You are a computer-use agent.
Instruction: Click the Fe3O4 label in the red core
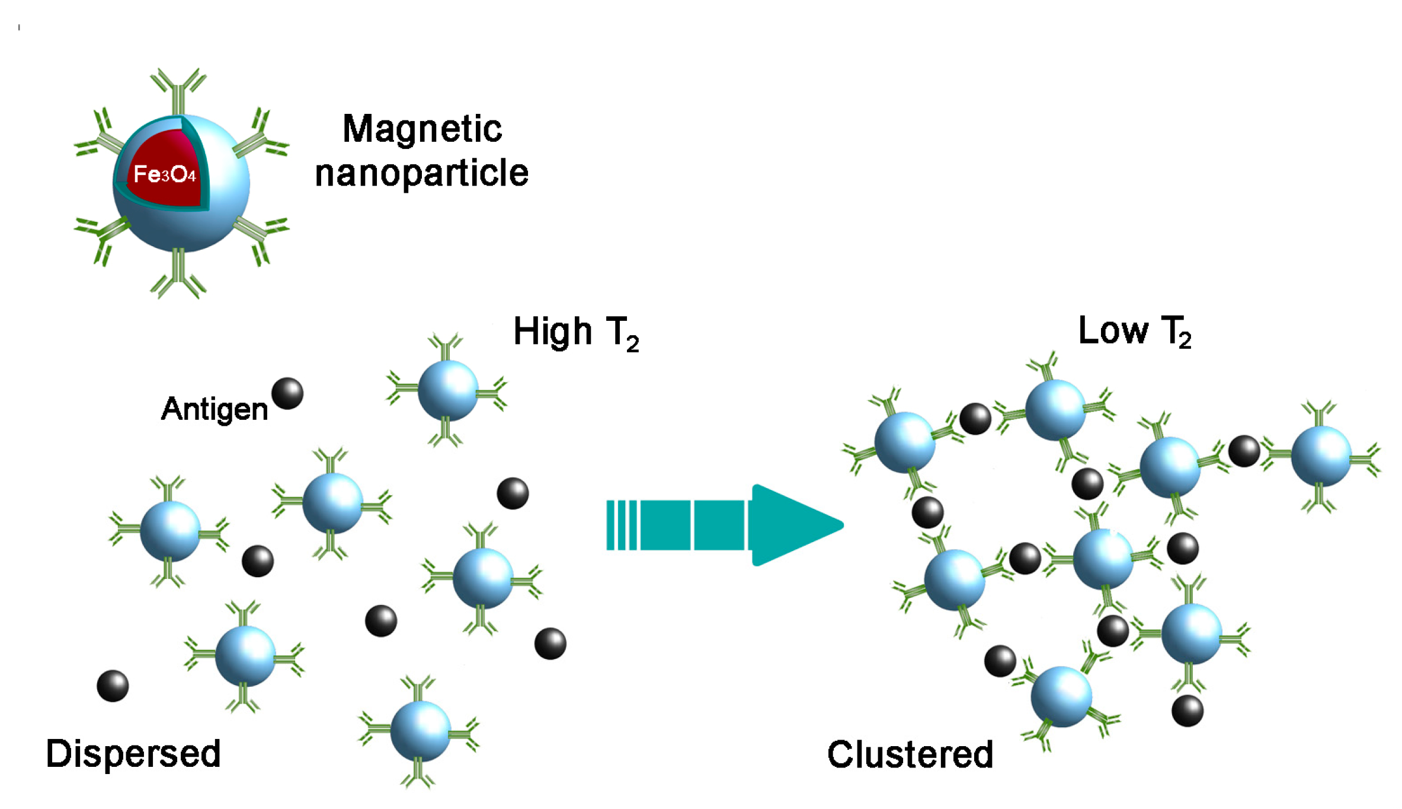click(164, 175)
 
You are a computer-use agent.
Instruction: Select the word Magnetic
click(422, 129)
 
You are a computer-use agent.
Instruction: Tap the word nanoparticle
click(421, 173)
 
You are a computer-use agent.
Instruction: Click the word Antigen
click(215, 409)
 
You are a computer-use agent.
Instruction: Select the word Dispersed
click(133, 754)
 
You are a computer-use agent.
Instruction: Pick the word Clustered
click(910, 755)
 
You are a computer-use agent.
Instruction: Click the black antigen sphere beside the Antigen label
click(287, 394)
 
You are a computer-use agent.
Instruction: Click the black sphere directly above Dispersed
click(113, 686)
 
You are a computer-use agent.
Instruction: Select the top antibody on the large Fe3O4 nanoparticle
click(178, 89)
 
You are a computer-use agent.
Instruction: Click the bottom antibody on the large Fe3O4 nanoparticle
click(178, 276)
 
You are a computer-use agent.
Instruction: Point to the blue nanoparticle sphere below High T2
click(447, 390)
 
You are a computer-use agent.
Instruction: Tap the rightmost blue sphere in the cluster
click(1321, 456)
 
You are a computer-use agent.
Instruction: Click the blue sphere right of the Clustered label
click(1061, 696)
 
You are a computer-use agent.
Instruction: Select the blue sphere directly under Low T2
click(1055, 410)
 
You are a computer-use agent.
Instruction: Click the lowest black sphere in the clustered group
click(1187, 711)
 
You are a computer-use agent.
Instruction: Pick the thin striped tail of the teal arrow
click(622, 525)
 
